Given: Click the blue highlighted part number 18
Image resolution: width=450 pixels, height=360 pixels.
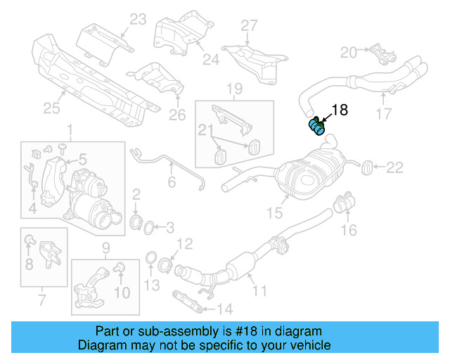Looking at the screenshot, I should pyautogui.click(x=316, y=127).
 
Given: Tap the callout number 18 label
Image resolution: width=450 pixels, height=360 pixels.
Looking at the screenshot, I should pyautogui.click(x=339, y=110).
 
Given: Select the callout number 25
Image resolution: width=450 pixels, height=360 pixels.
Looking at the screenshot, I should pyautogui.click(x=51, y=108).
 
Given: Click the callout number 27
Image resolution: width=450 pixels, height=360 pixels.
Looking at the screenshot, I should pyautogui.click(x=250, y=26).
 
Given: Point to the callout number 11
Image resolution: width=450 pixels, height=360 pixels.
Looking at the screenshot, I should pyautogui.click(x=259, y=289).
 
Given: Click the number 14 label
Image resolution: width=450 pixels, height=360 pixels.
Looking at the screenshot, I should pyautogui.click(x=224, y=307).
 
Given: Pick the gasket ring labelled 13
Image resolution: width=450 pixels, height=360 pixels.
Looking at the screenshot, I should pyautogui.click(x=150, y=262).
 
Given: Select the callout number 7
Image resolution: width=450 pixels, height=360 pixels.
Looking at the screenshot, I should pyautogui.click(x=41, y=302).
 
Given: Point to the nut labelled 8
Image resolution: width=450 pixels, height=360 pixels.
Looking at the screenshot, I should pyautogui.click(x=27, y=242).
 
